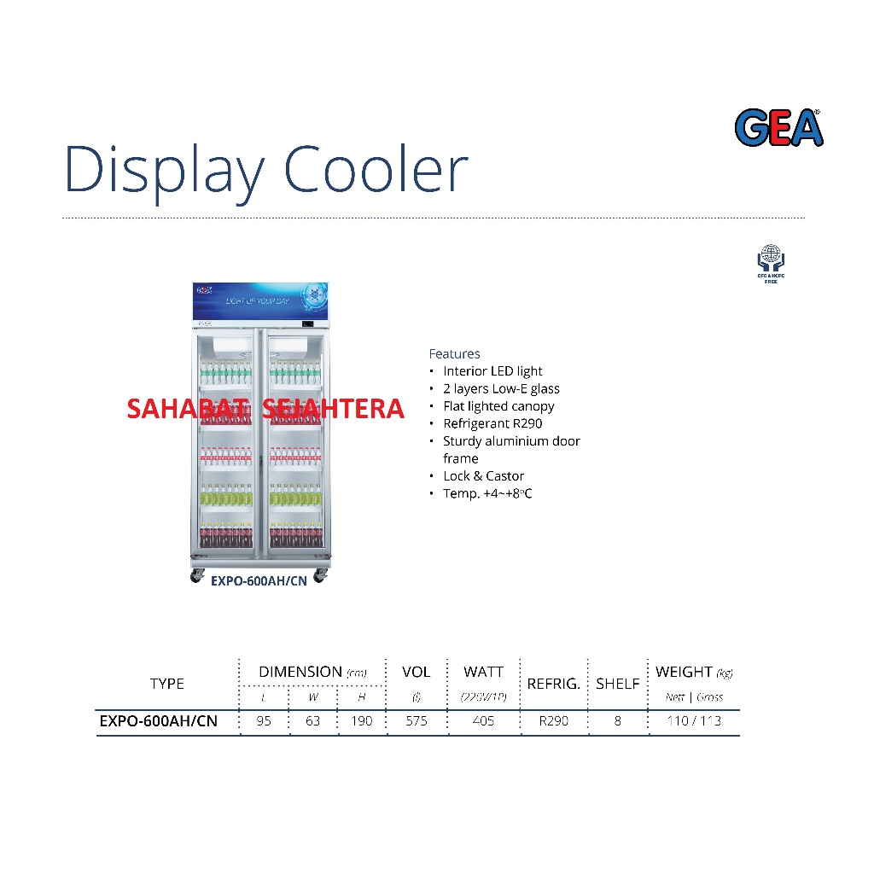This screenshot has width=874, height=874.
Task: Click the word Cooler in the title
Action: click(x=376, y=169)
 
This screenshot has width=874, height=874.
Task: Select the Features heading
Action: click(x=454, y=353)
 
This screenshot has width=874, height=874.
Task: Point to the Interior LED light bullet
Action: click(x=492, y=371)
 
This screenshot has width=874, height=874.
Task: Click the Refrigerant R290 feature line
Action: click(x=492, y=423)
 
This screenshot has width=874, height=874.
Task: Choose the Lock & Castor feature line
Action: click(x=483, y=476)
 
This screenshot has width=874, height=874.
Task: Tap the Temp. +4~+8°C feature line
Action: click(x=487, y=493)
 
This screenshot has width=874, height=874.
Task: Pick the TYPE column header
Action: click(x=166, y=683)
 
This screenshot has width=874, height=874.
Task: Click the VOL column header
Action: click(x=416, y=672)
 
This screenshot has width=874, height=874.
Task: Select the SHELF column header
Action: click(x=617, y=684)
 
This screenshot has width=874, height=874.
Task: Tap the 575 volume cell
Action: click(x=416, y=721)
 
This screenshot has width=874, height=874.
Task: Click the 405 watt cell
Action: click(x=483, y=721)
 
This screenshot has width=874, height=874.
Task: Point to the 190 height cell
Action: click(x=361, y=721)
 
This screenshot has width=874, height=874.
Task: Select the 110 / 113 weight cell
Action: click(x=694, y=721)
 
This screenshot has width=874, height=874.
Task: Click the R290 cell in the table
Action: click(x=553, y=721)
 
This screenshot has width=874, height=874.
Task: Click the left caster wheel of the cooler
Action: click(x=196, y=576)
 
